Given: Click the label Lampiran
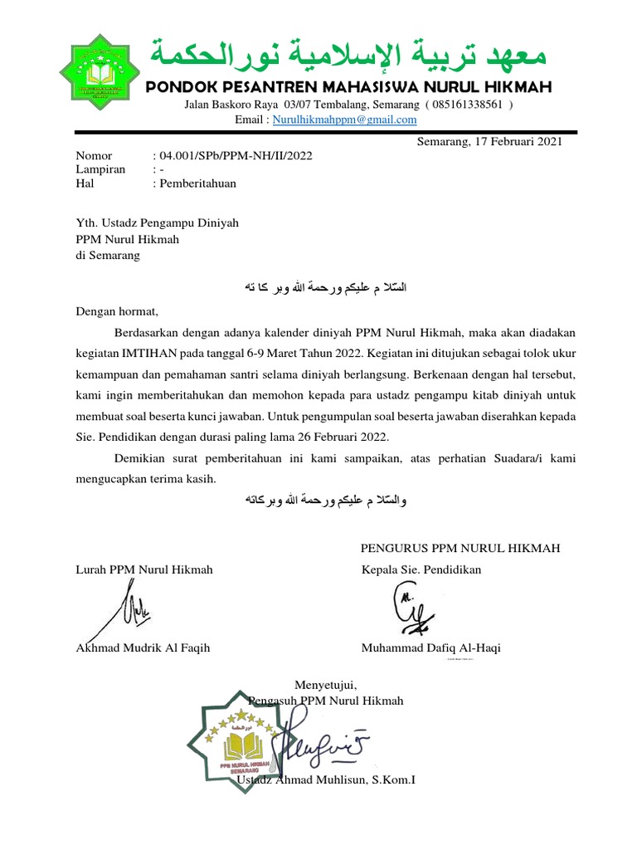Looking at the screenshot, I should coord(100,169).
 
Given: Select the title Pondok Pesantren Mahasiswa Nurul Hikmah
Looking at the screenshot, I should coord(348,87).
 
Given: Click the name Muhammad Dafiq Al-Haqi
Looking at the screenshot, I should coord(430,648).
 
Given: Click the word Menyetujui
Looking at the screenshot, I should coord(326,686).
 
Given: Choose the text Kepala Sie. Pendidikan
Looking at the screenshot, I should coord(421,569).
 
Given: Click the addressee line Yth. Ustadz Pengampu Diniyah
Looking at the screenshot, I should coord(158,222).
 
